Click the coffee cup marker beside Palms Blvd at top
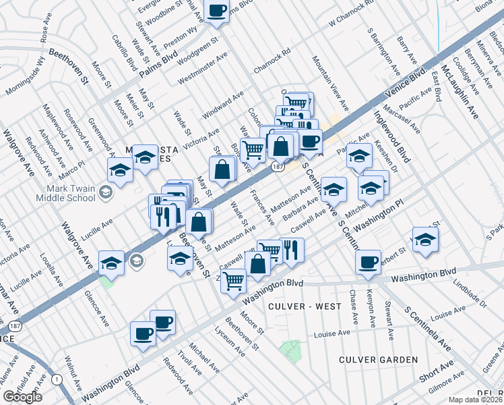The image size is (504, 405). pyautogui.click(x=217, y=11)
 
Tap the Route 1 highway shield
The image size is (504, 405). pyautogui.click(x=56, y=380)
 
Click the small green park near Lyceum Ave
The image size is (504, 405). pyautogui.click(x=291, y=350)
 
